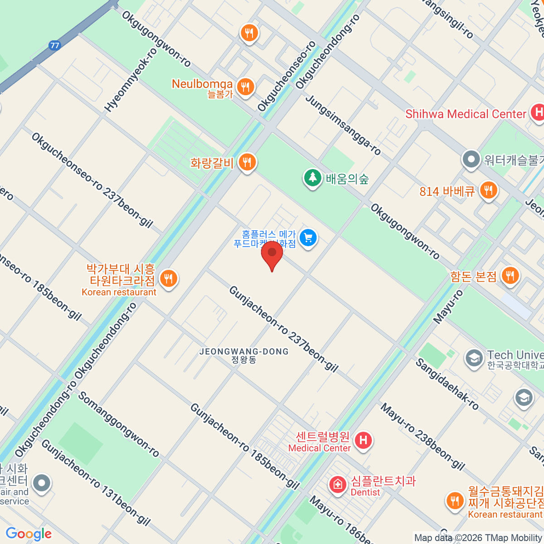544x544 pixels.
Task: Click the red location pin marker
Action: coord(272,254)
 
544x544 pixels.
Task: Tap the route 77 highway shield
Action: coord(55,45)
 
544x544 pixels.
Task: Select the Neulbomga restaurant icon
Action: coord(245,87)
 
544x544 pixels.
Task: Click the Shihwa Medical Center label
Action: coord(466,114)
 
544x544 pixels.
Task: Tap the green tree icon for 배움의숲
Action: coord(312,178)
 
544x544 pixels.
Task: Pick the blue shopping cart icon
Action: coord(308,238)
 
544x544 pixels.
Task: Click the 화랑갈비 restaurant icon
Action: coord(247,162)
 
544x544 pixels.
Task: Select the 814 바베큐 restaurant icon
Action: coord(488,190)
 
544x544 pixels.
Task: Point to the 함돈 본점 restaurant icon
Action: coord(510,275)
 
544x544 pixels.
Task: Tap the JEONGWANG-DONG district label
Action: coord(244,352)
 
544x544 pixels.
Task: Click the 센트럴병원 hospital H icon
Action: coord(363,440)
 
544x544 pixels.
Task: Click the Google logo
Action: coord(29,534)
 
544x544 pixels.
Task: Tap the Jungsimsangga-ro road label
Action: coord(343,125)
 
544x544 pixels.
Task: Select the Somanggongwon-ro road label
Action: coord(119,424)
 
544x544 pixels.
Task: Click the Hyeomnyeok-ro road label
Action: coord(131,80)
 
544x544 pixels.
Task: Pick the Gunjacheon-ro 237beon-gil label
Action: coord(283,329)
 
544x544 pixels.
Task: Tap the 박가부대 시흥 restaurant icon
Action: coord(169,279)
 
